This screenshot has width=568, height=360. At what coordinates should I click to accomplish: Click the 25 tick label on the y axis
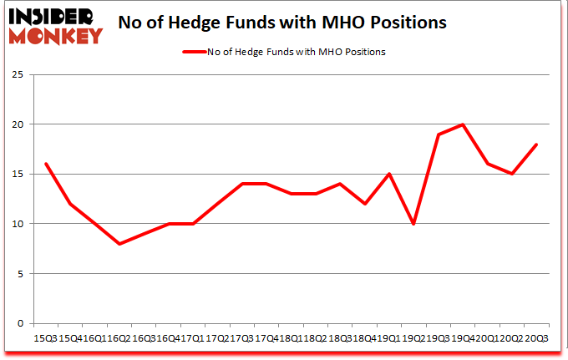[x=16, y=74]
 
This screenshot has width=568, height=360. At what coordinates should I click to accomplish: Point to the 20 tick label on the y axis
[x=16, y=124]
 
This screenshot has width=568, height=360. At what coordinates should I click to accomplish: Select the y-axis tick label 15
[x=16, y=174]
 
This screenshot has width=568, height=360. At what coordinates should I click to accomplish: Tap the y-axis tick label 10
[x=16, y=224]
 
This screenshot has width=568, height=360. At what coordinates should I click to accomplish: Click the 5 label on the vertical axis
[x=19, y=273]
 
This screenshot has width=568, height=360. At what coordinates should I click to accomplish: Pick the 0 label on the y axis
[x=19, y=323]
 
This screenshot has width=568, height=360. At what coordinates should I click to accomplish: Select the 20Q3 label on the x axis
[x=536, y=337]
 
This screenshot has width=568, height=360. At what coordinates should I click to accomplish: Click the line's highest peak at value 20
[x=462, y=124]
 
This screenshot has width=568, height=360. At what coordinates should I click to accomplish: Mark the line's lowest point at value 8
[x=119, y=244]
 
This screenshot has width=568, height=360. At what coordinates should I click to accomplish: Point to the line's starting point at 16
[x=45, y=164]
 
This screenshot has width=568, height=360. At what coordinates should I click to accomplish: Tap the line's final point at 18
[x=536, y=145]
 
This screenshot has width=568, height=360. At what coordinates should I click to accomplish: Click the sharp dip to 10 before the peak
[x=413, y=224]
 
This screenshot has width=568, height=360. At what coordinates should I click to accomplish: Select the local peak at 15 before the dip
[x=388, y=174]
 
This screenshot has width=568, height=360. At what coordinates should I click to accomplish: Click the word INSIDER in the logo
[x=53, y=16]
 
